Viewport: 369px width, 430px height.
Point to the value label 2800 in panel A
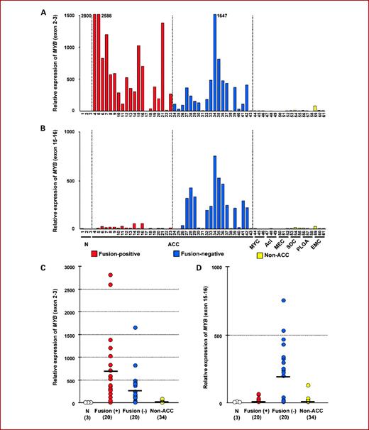[x=87, y=14]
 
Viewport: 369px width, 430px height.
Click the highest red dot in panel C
[x=110, y=275]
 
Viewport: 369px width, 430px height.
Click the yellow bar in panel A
[x=314, y=108]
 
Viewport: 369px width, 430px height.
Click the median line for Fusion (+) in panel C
[x=110, y=371]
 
